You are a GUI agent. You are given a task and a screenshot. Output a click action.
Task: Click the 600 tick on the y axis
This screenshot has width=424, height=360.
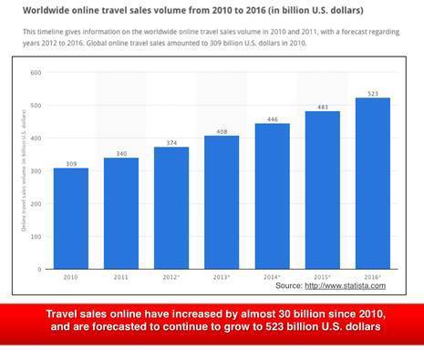click(36, 73)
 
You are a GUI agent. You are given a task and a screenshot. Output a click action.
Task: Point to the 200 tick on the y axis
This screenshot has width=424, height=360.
click(36, 204)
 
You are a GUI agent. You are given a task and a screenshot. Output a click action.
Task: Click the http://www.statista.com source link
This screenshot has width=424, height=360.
click(351, 286)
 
